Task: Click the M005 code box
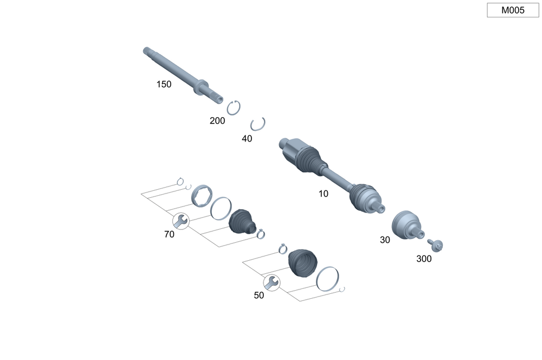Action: pos(513,10)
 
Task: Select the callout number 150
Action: pos(164,85)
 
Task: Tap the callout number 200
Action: pos(217,121)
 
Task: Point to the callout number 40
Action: pos(247,139)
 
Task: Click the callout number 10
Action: pos(323,194)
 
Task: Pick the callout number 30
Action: pos(385,240)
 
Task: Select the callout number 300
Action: pos(424,259)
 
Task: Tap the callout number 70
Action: pos(169,234)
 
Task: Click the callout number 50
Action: pos(259,295)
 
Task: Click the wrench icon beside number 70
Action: pos(181,221)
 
